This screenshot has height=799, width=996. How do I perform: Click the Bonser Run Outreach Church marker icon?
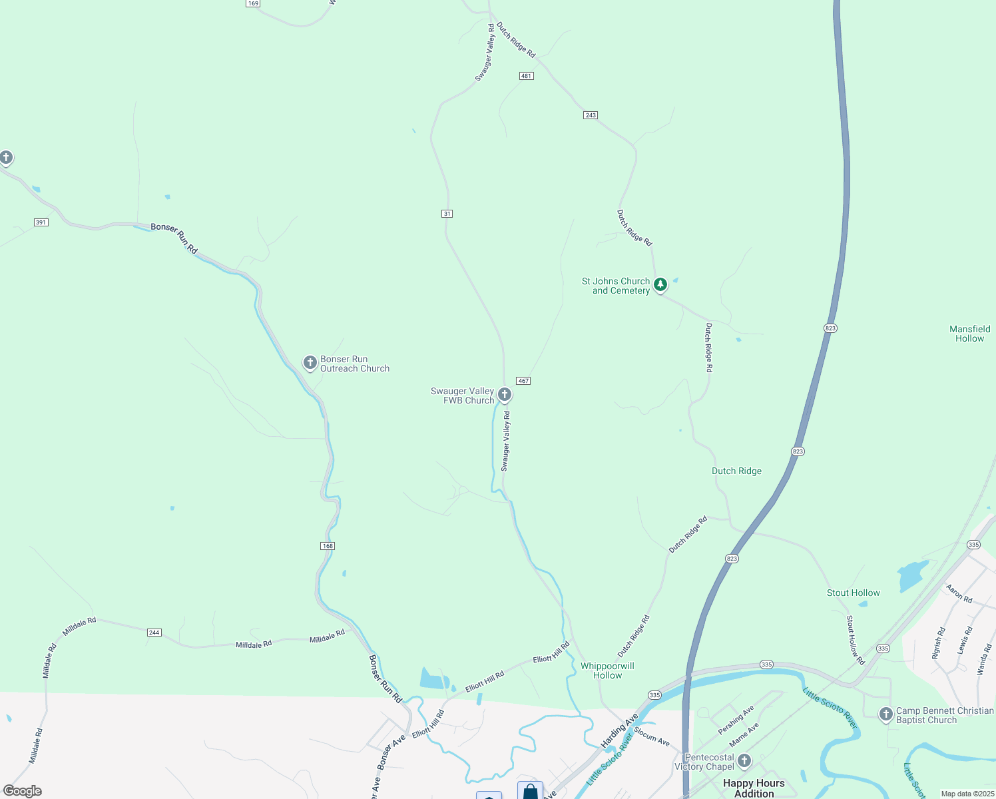click(x=310, y=362)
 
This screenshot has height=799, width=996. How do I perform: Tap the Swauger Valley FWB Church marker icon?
click(x=505, y=395)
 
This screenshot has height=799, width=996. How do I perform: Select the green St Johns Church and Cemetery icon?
click(x=660, y=285)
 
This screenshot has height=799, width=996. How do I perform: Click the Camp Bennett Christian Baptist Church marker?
click(x=885, y=714)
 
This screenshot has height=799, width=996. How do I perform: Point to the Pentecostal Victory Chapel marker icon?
click(x=744, y=760)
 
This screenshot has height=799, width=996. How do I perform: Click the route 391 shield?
click(x=41, y=222)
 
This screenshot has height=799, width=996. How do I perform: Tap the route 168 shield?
click(x=327, y=546)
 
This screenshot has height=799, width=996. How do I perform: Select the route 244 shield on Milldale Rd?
click(x=154, y=633)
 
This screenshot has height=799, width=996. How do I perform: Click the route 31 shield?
click(x=447, y=214)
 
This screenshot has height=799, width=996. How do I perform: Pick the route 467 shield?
click(x=523, y=381)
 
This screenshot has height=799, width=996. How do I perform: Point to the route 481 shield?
click(x=527, y=76)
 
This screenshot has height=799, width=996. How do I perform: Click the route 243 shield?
click(x=591, y=115)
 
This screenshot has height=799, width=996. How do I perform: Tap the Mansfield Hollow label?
click(x=969, y=334)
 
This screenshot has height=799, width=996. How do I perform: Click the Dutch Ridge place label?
click(x=736, y=471)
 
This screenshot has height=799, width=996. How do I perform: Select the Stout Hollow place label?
click(x=853, y=593)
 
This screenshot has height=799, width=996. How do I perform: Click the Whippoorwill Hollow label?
click(x=607, y=670)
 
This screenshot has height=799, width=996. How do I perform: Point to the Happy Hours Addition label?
click(x=754, y=788)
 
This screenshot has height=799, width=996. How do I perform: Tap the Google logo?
click(x=23, y=791)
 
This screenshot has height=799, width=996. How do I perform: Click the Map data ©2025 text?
click(x=965, y=794)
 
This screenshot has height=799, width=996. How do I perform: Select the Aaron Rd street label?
click(x=959, y=594)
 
